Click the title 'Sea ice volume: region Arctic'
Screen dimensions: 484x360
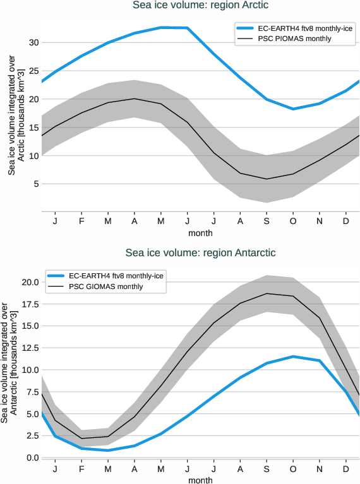tap(200, 6)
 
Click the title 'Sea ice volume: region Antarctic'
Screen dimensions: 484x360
tap(200, 253)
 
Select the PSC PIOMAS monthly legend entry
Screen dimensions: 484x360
tap(294, 39)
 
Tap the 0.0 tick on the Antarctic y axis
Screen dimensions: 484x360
tap(29, 457)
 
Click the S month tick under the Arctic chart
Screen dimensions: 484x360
tap(266, 221)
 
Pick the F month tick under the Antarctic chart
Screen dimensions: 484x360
tap(81, 469)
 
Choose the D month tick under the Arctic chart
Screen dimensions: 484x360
tap(345, 221)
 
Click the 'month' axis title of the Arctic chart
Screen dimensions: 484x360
tap(200, 233)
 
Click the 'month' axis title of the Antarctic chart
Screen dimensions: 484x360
tap(200, 480)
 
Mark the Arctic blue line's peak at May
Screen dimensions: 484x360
tap(161, 27)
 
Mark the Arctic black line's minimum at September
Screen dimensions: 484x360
tap(266, 179)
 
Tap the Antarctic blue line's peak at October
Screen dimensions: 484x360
tap(292, 357)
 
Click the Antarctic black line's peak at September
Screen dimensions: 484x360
tap(266, 293)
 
